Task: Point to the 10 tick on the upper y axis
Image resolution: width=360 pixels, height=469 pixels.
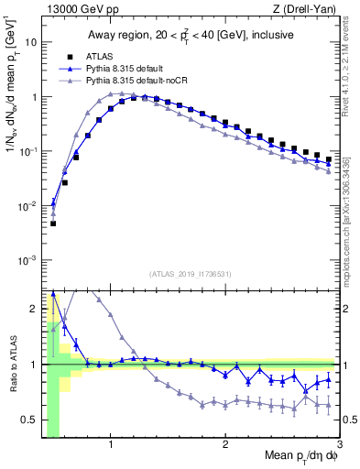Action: point(31,42)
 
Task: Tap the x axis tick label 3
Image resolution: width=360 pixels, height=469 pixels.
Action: point(340,444)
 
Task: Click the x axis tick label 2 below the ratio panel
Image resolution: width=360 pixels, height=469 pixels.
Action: point(225,444)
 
